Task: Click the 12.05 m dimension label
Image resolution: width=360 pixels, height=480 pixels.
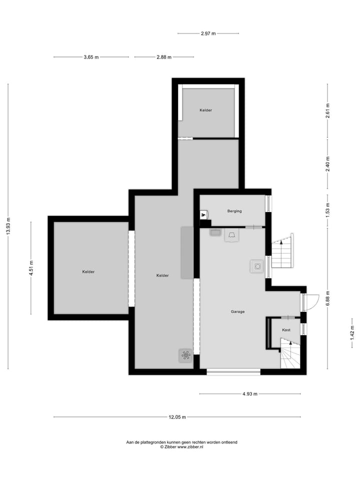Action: pyautogui.click(x=177, y=417)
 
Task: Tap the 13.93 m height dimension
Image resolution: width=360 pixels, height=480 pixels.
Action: pyautogui.click(x=8, y=226)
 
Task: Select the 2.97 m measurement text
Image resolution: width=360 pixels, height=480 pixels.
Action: pyautogui.click(x=208, y=33)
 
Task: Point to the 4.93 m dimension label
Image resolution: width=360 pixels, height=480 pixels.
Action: pyautogui.click(x=250, y=394)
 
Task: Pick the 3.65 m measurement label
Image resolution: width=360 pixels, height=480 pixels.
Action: pyautogui.click(x=91, y=57)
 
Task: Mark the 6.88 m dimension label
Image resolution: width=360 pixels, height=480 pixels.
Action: pyautogui.click(x=327, y=298)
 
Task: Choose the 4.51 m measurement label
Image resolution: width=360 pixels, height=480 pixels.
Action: pyautogui.click(x=31, y=268)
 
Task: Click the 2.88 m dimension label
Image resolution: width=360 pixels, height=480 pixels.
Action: pyautogui.click(x=163, y=57)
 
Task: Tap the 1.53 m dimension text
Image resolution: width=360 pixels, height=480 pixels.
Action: pyautogui.click(x=327, y=208)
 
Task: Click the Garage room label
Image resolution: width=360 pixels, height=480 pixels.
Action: pyautogui.click(x=237, y=311)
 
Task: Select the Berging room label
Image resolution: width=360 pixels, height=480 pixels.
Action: pyautogui.click(x=234, y=211)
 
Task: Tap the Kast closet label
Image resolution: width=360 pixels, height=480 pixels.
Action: pyautogui.click(x=286, y=330)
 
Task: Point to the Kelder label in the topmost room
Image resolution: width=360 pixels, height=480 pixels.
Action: pyautogui.click(x=205, y=110)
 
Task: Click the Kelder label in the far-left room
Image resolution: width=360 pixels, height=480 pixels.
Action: pyautogui.click(x=88, y=272)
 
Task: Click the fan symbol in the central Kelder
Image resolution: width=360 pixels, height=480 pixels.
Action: pyautogui.click(x=185, y=355)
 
